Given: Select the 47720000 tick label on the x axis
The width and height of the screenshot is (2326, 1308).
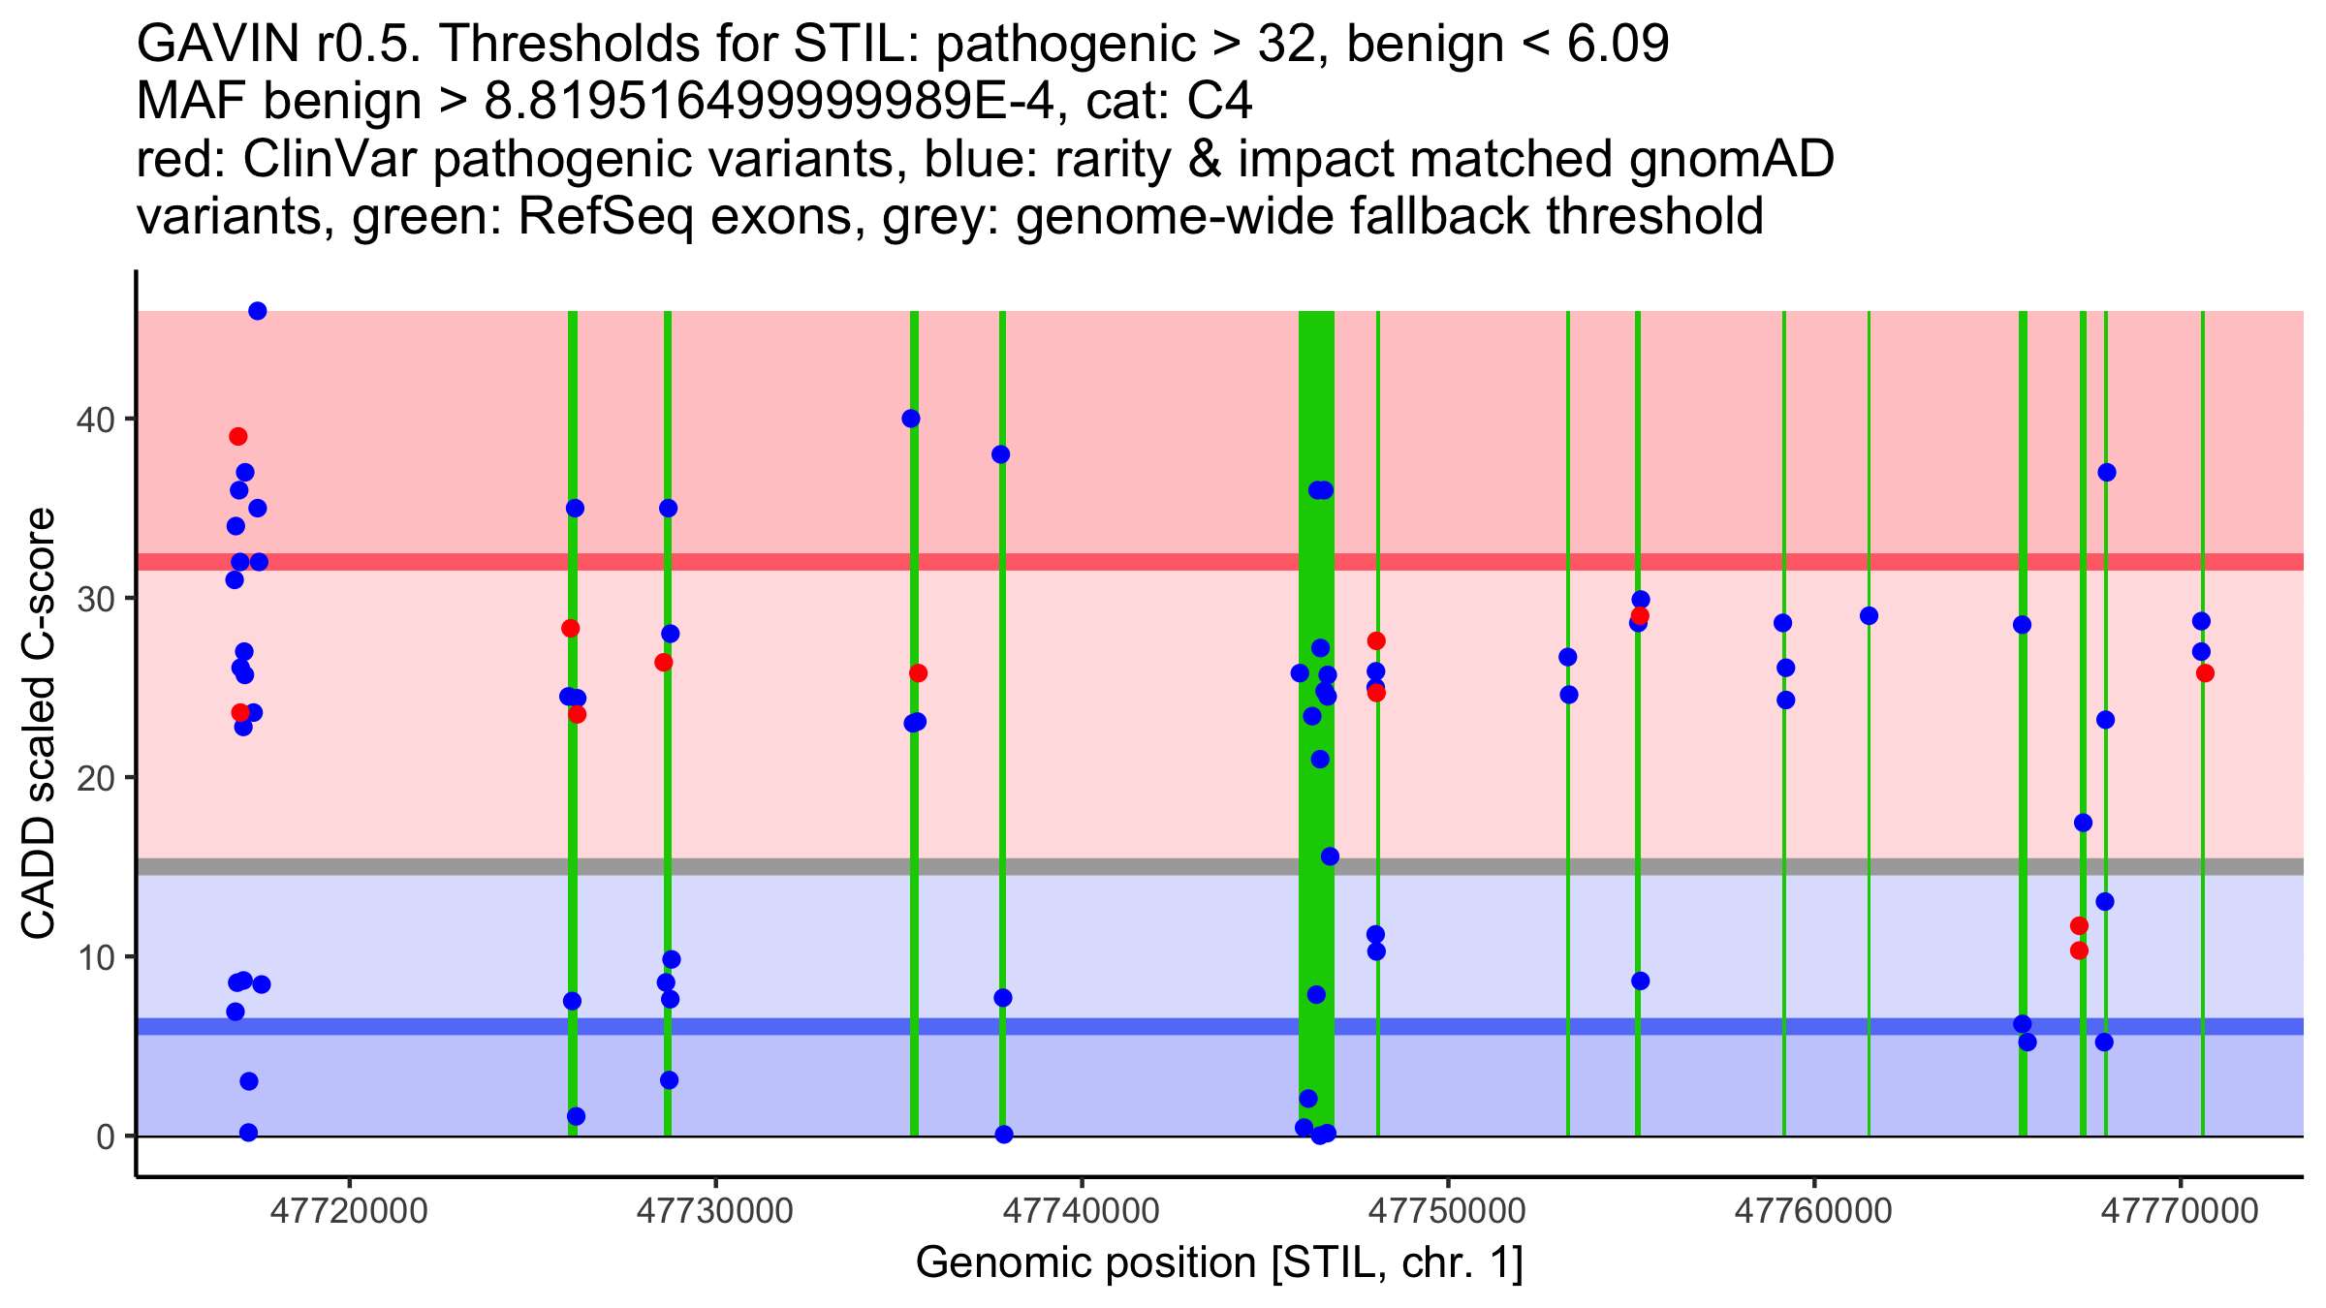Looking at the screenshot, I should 349,1211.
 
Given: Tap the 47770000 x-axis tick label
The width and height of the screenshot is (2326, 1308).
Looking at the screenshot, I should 2180,1211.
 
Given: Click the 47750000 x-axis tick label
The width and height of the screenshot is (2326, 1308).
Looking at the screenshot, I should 1448,1211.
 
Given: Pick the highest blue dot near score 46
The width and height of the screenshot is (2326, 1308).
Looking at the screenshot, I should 258,311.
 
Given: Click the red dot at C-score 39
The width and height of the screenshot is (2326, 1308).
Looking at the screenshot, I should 238,437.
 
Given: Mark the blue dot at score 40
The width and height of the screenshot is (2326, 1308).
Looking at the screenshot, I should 911,419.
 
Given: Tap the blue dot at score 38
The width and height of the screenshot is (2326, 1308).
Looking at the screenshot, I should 1001,454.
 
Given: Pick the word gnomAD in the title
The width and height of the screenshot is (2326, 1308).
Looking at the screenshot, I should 1731,160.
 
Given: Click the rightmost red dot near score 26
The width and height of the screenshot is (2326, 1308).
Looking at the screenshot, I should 2205,673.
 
